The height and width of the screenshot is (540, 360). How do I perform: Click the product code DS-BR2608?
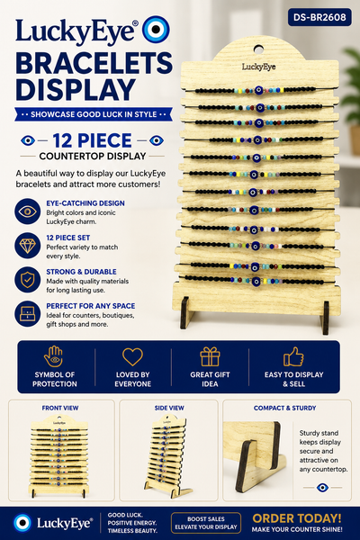(319, 17)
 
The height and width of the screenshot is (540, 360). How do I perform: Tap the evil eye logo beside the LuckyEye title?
(156, 30)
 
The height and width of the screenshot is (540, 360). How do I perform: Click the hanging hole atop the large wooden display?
(258, 49)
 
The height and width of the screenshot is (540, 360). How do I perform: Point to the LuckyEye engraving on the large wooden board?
(258, 67)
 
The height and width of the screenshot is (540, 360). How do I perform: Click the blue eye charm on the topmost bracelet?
(258, 91)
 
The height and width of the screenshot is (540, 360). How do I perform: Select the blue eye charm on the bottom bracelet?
(256, 282)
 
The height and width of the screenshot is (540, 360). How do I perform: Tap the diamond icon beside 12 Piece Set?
(28, 246)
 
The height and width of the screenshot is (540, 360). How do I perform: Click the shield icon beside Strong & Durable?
(28, 279)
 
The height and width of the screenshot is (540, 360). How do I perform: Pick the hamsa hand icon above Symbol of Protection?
(53, 356)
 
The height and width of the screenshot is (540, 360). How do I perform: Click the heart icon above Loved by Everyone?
(132, 356)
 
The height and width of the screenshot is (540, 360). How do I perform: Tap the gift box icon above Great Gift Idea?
(210, 356)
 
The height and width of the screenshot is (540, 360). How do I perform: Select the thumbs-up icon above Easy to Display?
(293, 356)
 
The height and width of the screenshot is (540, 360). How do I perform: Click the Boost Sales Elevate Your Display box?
(206, 523)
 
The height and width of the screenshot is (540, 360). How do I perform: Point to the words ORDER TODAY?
(297, 518)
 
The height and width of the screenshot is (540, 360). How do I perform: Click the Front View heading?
(60, 408)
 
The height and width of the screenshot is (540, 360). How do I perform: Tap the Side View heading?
(169, 408)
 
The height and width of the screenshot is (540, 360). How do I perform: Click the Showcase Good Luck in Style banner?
(94, 114)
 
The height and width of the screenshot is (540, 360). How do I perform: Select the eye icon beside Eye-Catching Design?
(28, 211)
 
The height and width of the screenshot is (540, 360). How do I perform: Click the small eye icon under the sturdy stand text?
(322, 487)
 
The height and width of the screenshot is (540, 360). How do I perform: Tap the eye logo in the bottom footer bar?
(22, 523)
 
